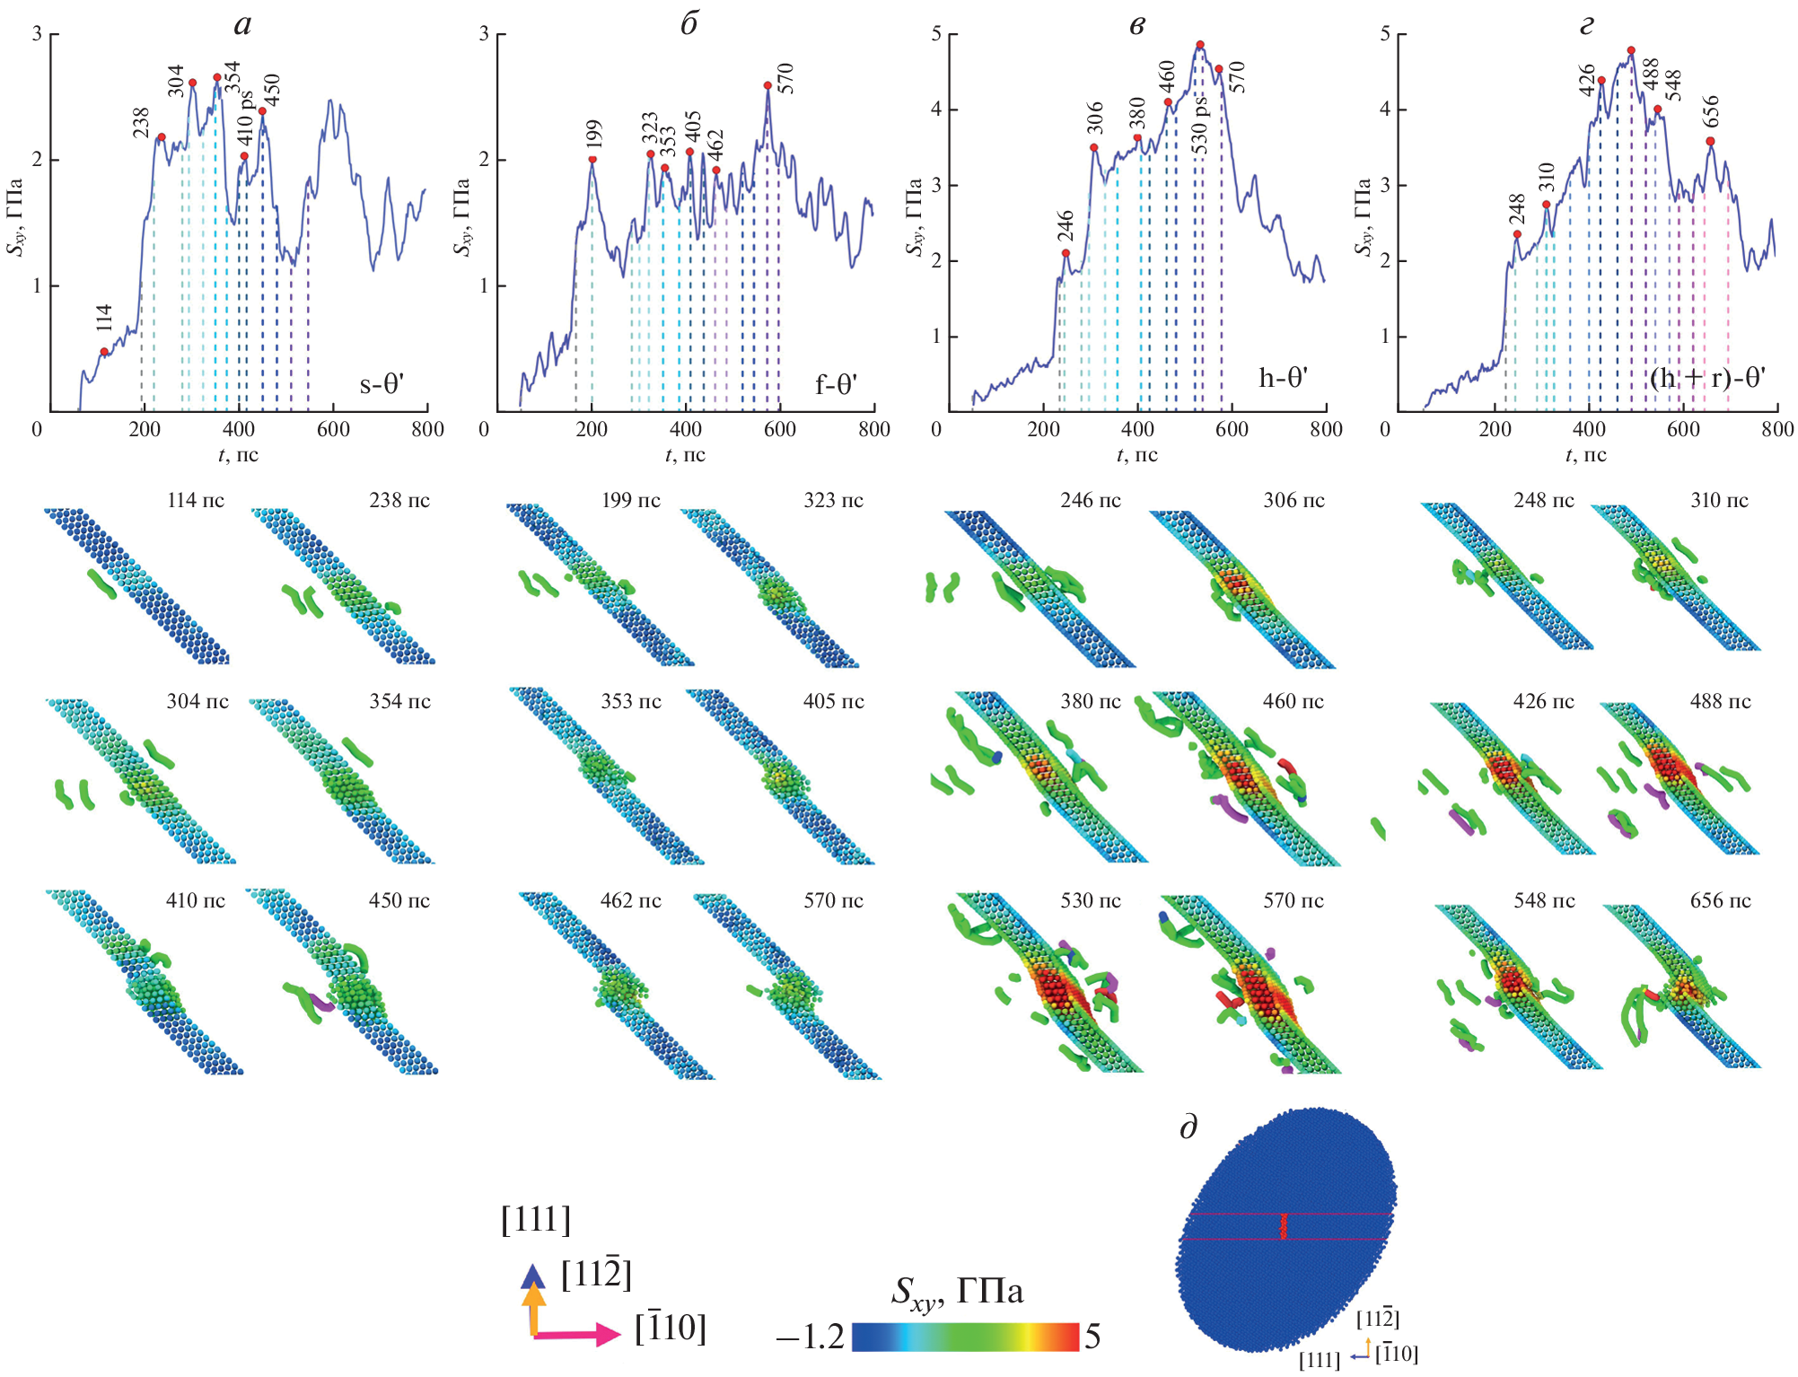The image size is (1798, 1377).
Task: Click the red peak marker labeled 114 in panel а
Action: point(104,352)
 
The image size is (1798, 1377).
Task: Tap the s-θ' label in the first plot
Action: point(382,385)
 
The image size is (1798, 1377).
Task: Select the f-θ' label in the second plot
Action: point(836,385)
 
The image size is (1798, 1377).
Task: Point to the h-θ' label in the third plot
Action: point(1283,378)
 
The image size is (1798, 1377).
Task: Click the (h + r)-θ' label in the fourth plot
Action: point(1706,378)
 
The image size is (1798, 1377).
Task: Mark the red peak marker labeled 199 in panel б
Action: point(592,160)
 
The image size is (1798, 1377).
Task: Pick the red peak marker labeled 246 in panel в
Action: point(1066,253)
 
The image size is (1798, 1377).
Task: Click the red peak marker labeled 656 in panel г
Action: point(1710,141)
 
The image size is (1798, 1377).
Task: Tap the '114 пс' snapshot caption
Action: point(196,501)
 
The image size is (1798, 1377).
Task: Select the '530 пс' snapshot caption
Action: point(1091,900)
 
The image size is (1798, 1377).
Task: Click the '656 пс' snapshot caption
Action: point(1720,900)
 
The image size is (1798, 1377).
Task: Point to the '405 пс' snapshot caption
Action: point(833,702)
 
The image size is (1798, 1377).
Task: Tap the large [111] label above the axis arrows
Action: point(536,1220)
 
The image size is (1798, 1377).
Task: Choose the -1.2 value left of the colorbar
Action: point(810,1338)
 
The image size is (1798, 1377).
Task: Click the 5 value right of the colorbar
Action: point(1092,1338)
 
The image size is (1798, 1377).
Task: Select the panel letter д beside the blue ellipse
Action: point(1188,1127)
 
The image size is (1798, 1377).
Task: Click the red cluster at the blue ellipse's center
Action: point(1283,1226)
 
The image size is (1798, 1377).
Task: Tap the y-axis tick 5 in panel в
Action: point(936,34)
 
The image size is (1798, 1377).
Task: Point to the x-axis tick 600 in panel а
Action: point(333,429)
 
